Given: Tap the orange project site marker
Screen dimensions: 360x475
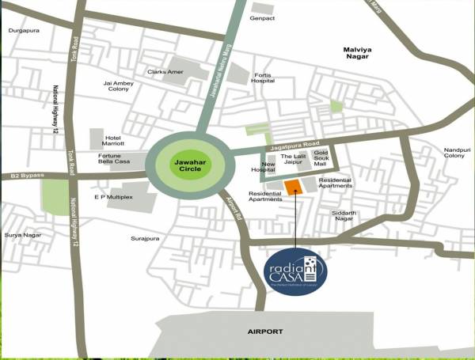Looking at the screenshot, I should (x=293, y=186).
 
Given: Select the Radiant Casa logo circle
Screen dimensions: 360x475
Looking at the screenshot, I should (x=295, y=268).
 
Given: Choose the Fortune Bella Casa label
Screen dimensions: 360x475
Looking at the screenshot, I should (x=115, y=160).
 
